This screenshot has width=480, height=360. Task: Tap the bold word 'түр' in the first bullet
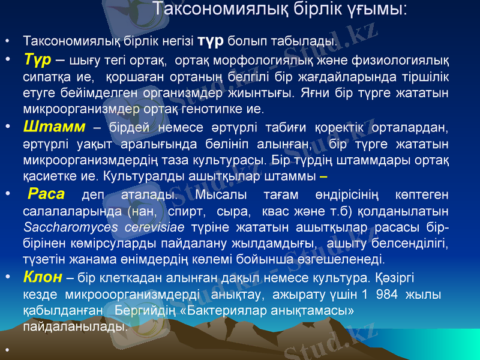(x=211, y=40)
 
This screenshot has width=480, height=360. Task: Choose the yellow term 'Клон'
(x=43, y=277)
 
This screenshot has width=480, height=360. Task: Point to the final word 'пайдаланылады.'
(x=75, y=328)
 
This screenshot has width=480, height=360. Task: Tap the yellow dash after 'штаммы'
(x=324, y=178)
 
